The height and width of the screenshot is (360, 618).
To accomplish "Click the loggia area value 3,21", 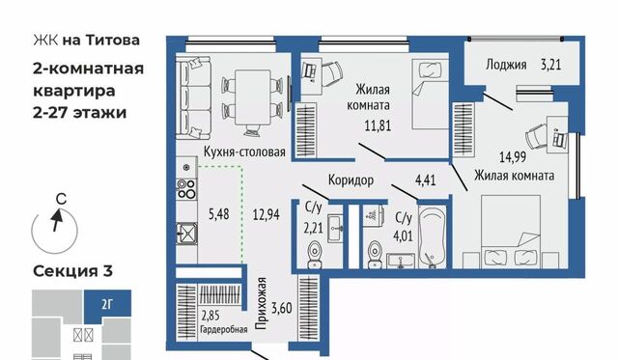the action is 550,65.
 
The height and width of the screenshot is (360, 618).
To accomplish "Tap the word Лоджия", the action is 506,65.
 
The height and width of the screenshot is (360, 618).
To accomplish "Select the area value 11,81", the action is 378,125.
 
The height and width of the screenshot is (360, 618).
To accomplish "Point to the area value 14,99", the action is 513,157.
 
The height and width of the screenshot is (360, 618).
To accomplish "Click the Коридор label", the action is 351,180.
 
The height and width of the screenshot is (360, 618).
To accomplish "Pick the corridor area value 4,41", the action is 425,180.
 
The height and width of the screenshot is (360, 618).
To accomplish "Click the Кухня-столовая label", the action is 244,152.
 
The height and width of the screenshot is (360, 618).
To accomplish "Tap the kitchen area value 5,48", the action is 219,214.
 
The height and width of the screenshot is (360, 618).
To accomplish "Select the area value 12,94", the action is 267,214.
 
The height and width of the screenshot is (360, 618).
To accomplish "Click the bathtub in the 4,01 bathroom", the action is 433,236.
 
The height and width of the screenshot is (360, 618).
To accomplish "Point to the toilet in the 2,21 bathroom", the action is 315,255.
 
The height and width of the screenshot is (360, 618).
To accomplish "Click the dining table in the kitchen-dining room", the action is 253,97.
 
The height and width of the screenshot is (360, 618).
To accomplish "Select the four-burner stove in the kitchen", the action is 186,188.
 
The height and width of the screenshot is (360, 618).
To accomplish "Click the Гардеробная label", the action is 223,329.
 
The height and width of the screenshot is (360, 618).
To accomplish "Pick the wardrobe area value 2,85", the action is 211,316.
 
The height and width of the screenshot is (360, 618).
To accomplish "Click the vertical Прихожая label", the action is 261,303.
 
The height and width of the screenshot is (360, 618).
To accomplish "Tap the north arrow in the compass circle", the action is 57,220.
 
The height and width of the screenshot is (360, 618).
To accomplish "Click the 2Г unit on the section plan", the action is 107,304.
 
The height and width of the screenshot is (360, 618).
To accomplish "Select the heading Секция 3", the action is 73,271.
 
